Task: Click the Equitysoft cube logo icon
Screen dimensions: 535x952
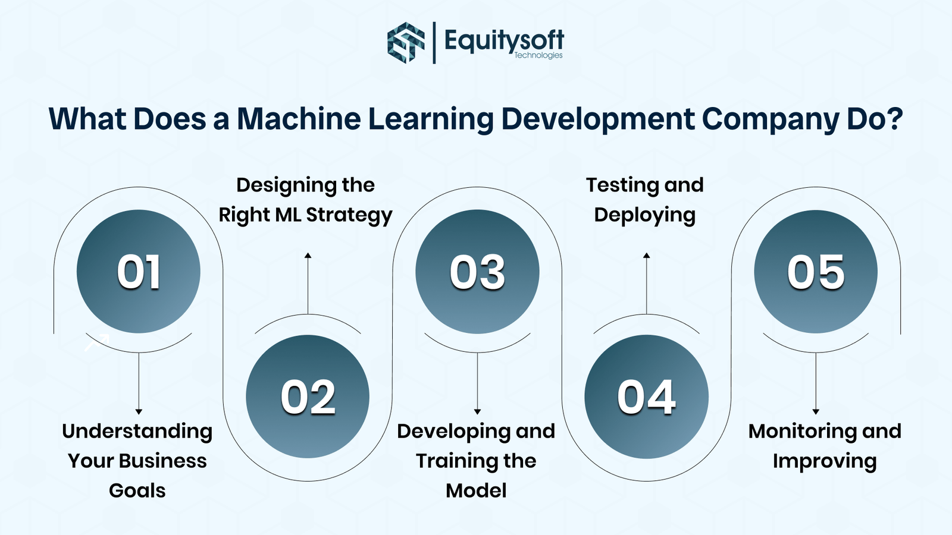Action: (406, 42)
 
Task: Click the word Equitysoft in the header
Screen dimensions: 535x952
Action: (503, 40)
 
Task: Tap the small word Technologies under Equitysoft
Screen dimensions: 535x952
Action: (538, 55)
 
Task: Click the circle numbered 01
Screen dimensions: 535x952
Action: (139, 272)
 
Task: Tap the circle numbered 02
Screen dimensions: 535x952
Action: (308, 396)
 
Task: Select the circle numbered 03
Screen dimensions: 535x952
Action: (477, 272)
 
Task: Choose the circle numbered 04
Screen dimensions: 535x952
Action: (646, 396)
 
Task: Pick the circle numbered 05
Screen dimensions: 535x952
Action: (816, 272)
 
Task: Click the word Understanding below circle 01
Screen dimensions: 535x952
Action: (137, 431)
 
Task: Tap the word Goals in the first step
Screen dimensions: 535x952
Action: (137, 490)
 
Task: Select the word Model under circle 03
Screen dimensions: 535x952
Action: (476, 490)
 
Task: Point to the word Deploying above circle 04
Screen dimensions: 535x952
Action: (644, 215)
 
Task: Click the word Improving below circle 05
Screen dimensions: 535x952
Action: (825, 461)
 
